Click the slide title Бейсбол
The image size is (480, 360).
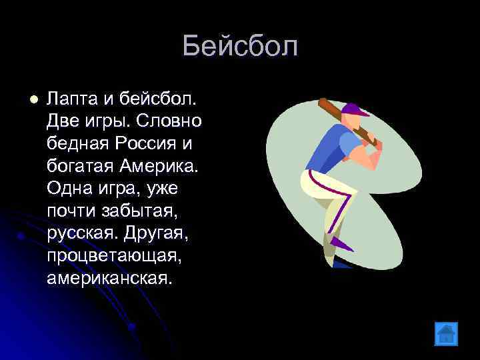240,47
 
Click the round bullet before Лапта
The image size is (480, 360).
26,99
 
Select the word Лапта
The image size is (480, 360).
72,99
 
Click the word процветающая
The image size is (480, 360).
109,255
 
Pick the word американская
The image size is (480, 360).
109,277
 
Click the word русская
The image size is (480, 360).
79,233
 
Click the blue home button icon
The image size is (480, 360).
445,333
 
